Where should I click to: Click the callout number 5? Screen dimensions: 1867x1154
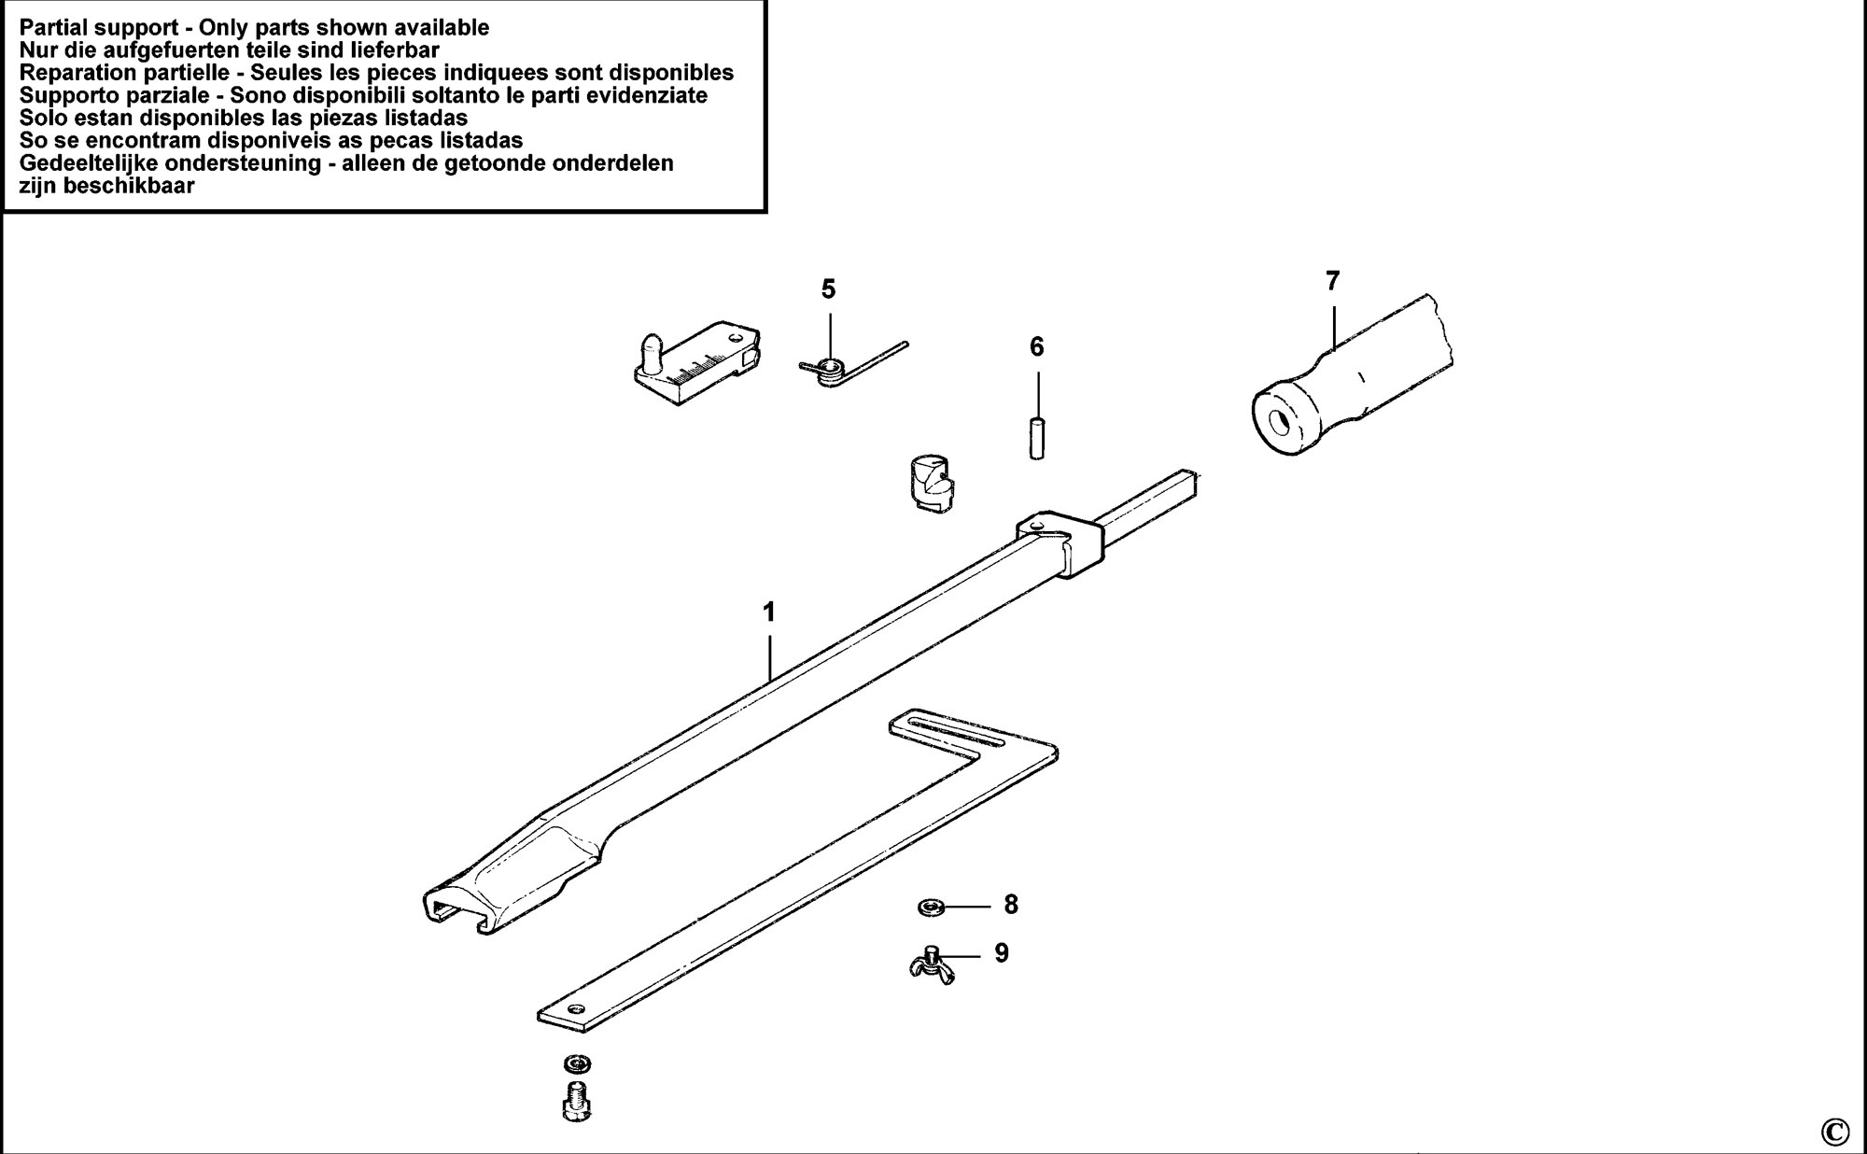coord(828,289)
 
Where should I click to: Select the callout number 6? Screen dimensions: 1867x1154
coord(1037,347)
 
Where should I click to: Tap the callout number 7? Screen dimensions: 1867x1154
coord(1332,280)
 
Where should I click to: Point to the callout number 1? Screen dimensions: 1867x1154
coord(769,612)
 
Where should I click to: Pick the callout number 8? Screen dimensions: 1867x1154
coord(1011,904)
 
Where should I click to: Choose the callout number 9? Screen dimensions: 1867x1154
coord(1002,953)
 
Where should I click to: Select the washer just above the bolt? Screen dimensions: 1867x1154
coord(578,1063)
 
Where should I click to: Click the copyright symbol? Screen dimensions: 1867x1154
coord(1834,1132)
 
